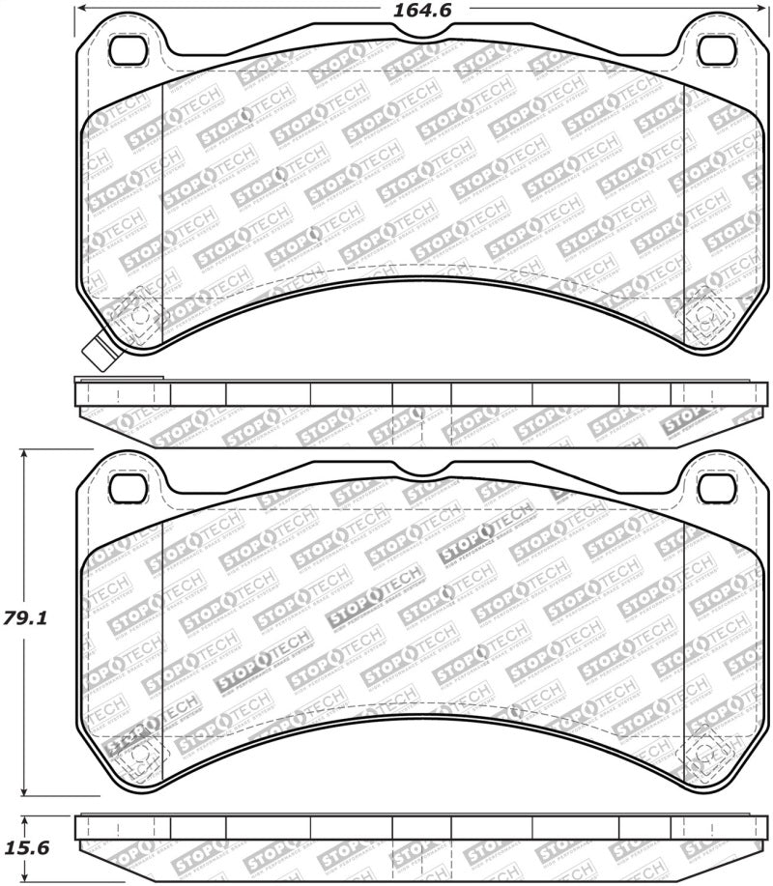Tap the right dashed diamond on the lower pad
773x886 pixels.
pyautogui.click(x=705, y=754)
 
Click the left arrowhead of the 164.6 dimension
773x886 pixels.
pyautogui.click(x=81, y=8)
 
